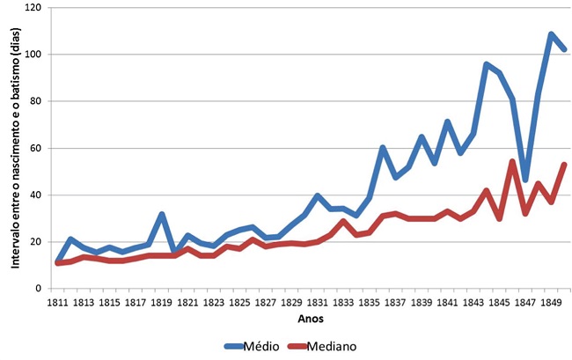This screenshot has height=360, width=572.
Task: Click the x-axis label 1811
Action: pos(58,303)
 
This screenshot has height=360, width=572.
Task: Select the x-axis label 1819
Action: pos(162,303)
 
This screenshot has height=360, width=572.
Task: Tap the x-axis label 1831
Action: pos(318,303)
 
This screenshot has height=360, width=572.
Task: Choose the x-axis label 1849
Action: pos(551,303)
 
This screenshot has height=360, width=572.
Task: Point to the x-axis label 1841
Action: pos(447,303)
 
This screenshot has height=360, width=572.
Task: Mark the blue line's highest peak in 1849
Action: pos(551,34)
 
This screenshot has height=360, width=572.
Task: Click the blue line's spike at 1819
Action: pos(162,214)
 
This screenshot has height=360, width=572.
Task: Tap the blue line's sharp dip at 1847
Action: pos(525,180)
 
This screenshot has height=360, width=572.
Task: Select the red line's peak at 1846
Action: pos(512,162)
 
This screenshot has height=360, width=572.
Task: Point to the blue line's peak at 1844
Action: pos(486,64)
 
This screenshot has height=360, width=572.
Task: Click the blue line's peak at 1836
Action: pos(383,148)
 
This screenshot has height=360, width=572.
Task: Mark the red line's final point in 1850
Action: pos(564,165)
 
